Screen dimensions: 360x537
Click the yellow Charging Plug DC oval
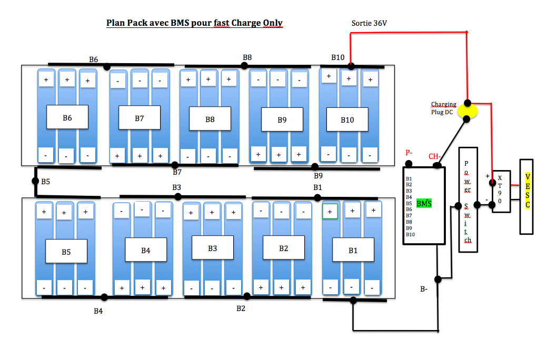tap(466, 111)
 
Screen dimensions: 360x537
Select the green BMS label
tap(424, 203)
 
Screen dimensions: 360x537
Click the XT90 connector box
tap(501, 190)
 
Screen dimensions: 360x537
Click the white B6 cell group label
tap(67, 117)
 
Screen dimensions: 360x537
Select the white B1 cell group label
tap(353, 250)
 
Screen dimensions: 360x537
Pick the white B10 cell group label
tap(347, 119)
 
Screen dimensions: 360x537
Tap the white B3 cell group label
tap(212, 248)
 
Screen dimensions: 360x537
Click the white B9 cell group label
tap(282, 119)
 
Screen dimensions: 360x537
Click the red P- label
tap(409, 153)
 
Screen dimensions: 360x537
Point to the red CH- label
tap(434, 156)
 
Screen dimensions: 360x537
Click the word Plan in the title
tap(115, 23)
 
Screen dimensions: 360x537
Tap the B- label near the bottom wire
tap(424, 289)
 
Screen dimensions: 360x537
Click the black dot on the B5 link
tap(36, 181)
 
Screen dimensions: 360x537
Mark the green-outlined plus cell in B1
tap(330, 211)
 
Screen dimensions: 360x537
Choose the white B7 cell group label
tap(139, 118)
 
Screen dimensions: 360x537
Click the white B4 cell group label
tap(146, 250)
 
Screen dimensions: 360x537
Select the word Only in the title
tap(273, 23)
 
